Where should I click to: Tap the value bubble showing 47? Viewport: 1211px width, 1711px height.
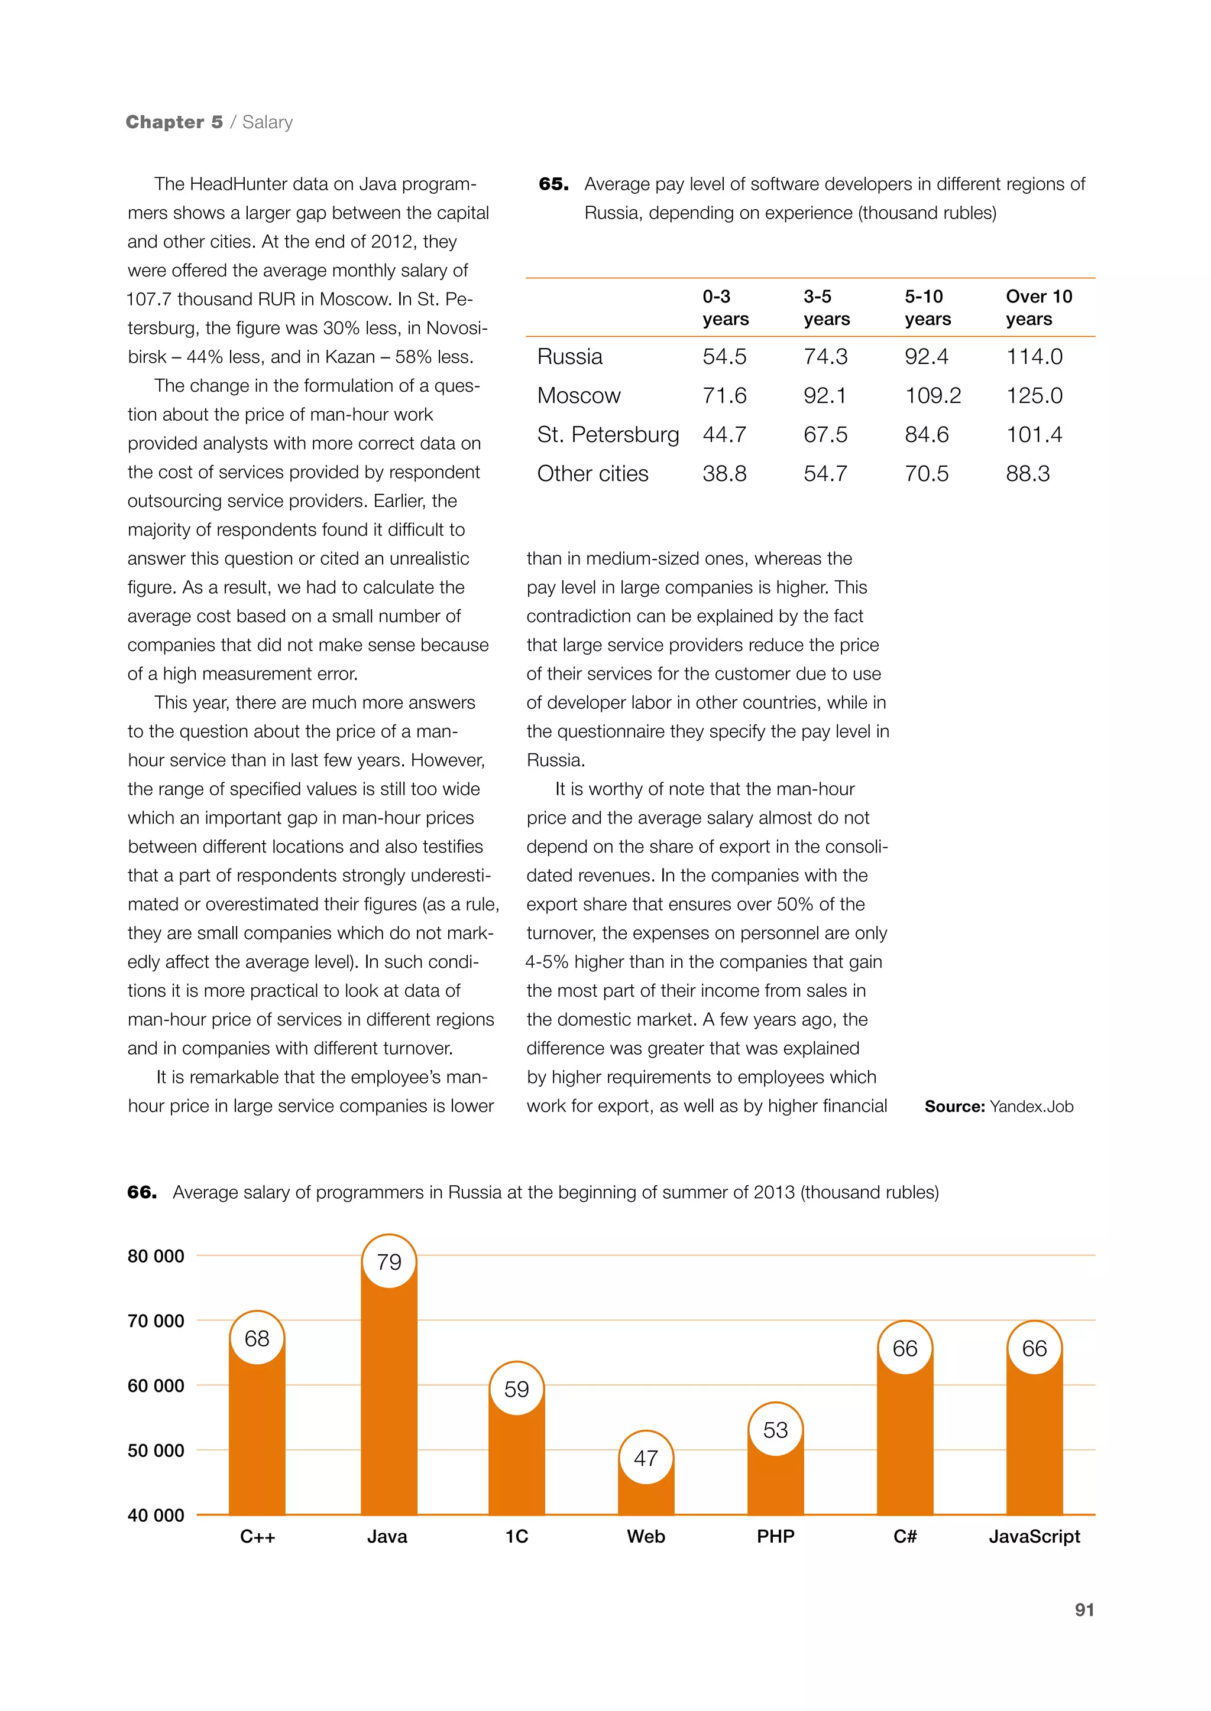646,1458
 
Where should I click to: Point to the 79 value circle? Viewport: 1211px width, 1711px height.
388,1261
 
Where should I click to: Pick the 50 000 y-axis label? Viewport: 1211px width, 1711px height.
156,1450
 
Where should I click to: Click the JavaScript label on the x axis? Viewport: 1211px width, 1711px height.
1034,1536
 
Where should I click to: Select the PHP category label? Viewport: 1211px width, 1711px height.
776,1536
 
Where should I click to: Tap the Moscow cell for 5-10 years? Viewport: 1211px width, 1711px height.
933,396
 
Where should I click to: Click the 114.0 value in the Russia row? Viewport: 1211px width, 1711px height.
1034,356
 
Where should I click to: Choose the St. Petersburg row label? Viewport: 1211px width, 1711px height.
608,434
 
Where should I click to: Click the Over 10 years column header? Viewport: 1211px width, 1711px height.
1039,307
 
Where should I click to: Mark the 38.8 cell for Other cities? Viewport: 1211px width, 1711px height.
724,473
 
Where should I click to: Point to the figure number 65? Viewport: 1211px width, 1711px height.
553,184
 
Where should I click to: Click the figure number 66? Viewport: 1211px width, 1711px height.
142,1192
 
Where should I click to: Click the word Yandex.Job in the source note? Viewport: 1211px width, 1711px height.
1031,1107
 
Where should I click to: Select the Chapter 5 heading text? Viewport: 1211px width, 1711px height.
174,122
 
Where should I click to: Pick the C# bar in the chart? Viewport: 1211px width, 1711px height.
905,1438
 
